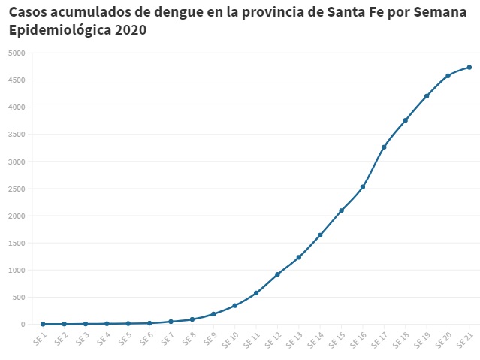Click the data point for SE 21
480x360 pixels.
pyautogui.click(x=469, y=68)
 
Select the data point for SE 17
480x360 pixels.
pyautogui.click(x=384, y=147)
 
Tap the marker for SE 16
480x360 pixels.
pyautogui.click(x=363, y=187)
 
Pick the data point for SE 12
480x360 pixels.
pyautogui.click(x=277, y=274)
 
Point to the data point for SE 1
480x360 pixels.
pyautogui.click(x=43, y=324)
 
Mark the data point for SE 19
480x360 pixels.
pyautogui.click(x=427, y=96)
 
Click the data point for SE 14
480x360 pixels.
pyautogui.click(x=320, y=235)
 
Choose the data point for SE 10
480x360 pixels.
pyautogui.click(x=235, y=305)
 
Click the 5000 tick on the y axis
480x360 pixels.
pyautogui.click(x=17, y=53)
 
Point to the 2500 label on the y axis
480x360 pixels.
pyautogui.click(x=17, y=189)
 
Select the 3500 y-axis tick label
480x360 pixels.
pyautogui.click(x=17, y=135)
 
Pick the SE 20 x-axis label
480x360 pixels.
pyautogui.click(x=443, y=340)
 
